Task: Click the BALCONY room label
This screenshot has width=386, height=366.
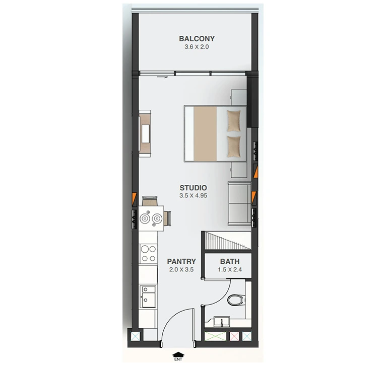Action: coord(197,39)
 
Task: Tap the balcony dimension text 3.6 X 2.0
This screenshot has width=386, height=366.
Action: coord(197,47)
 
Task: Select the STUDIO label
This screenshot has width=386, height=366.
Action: coord(193,188)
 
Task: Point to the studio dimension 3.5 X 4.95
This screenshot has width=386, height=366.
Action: coord(193,196)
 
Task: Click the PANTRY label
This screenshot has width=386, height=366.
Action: coord(181,261)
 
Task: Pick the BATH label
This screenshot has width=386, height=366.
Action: coord(230,261)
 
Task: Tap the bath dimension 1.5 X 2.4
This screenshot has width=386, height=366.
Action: coord(230,269)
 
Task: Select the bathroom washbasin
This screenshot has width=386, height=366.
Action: coord(222,322)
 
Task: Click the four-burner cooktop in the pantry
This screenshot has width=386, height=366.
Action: coord(148,254)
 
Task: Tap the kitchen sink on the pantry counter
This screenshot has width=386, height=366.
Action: coord(148,297)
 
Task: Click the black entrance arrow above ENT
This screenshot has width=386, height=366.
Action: coord(178,354)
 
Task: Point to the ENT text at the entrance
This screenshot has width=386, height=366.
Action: coord(178,359)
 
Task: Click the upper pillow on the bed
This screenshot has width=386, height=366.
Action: coord(234,121)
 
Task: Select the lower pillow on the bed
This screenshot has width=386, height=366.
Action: coord(234,147)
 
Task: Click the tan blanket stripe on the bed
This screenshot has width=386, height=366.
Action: coord(205,134)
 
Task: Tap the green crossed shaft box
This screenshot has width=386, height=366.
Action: coord(215,336)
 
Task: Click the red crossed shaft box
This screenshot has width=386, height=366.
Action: coord(234,336)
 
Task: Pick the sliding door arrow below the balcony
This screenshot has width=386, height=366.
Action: coord(162,77)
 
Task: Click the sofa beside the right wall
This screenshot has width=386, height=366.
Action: coord(239,203)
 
